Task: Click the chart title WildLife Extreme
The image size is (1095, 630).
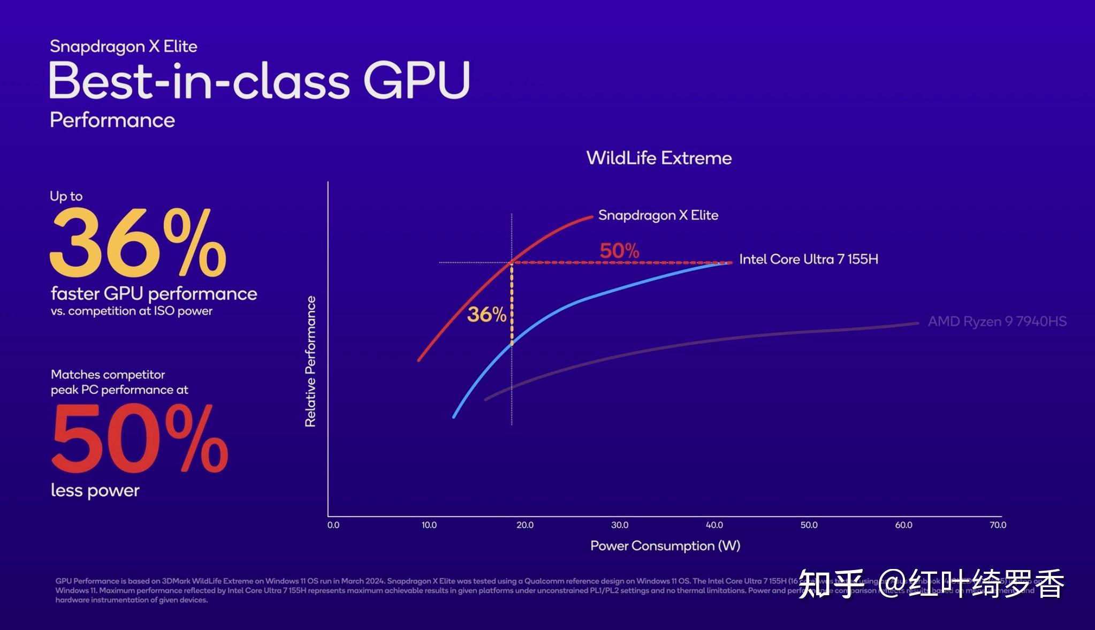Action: (x=659, y=158)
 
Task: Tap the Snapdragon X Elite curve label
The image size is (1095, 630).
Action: (x=658, y=215)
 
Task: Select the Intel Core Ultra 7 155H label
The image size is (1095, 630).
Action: (x=808, y=260)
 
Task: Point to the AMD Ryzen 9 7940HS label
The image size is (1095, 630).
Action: (x=997, y=322)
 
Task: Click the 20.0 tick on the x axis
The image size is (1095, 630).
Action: (x=524, y=525)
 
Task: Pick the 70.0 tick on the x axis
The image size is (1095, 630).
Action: (x=998, y=525)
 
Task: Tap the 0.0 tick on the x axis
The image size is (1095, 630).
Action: (x=333, y=525)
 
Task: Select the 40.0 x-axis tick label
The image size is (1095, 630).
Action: (x=714, y=525)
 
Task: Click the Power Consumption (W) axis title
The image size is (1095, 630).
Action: (x=665, y=546)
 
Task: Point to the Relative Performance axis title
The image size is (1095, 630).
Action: (x=310, y=361)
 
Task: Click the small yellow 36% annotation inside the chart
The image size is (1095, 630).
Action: (x=486, y=315)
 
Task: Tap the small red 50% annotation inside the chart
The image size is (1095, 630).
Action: (x=619, y=251)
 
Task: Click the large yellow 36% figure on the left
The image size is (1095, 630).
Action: (x=138, y=244)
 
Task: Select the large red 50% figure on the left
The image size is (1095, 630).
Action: (x=139, y=439)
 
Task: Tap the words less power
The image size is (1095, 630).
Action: (x=95, y=490)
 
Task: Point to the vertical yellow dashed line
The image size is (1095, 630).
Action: (x=512, y=305)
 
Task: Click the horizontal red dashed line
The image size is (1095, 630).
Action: (x=621, y=263)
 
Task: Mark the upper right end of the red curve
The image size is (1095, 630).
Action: (x=591, y=217)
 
